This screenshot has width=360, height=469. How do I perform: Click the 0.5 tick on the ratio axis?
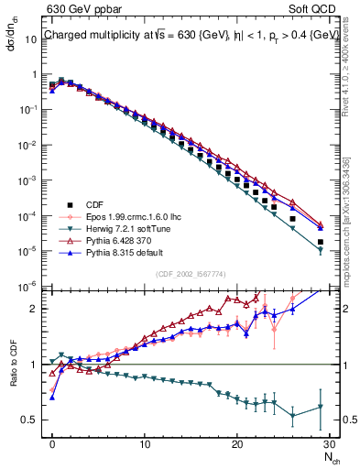coord(33,420)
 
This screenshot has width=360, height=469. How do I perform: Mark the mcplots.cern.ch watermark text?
coord(351,211)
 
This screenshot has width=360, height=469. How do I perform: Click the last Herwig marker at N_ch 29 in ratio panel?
coord(320,407)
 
